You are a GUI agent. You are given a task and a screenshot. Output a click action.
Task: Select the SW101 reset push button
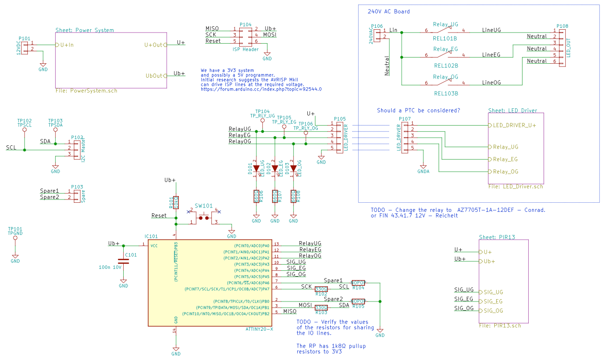tap(204, 218)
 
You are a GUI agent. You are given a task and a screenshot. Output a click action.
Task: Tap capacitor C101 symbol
tap(123, 262)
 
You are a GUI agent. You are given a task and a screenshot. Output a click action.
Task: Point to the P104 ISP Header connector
tap(245, 35)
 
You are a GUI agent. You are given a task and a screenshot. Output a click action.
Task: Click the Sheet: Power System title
tap(85, 30)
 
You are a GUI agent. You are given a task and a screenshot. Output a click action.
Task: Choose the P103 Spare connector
tap(77, 194)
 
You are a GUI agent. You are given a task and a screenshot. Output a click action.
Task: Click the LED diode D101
tap(256, 168)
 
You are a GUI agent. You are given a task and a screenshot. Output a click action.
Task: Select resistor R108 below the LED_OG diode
tap(293, 196)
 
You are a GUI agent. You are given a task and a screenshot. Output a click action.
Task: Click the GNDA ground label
tap(423, 171)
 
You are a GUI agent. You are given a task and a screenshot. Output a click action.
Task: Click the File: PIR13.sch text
tap(499, 326)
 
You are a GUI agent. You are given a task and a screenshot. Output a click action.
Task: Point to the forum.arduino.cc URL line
tap(261, 89)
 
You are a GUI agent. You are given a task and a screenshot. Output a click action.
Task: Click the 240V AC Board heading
tap(388, 12)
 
